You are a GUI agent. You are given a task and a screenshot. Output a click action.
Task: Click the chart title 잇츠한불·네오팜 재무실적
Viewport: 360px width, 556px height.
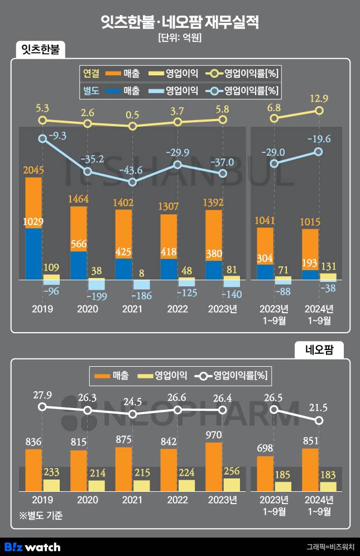(180, 22)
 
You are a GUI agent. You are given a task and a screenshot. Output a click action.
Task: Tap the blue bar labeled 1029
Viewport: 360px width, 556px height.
(33, 254)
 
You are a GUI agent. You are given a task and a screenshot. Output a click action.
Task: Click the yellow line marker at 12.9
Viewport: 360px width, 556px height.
(319, 111)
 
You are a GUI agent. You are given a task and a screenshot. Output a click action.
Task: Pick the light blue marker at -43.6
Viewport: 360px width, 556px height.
(132, 182)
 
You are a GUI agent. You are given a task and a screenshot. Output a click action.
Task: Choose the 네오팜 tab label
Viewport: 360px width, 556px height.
(319, 350)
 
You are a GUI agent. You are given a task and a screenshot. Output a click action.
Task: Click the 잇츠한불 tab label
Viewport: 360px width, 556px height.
(40, 50)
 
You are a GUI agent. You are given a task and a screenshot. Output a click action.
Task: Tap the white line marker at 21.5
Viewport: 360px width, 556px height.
(319, 420)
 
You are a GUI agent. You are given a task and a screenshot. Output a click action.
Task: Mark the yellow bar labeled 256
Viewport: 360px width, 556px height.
(232, 485)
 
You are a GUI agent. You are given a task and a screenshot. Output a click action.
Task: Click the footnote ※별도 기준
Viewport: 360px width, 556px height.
(41, 516)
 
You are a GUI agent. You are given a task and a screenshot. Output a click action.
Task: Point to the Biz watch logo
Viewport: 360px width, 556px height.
(32, 547)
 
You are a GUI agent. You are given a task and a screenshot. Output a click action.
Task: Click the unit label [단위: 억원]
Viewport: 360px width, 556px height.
(180, 38)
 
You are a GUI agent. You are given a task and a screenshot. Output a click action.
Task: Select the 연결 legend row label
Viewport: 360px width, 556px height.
(90, 73)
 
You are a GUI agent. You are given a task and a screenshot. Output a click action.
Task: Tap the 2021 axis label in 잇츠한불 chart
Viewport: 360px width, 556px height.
(132, 309)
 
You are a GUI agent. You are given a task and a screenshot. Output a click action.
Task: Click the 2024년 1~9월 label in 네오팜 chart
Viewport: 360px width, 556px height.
(319, 504)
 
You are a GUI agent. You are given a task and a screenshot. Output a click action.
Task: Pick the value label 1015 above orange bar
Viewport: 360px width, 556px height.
(310, 222)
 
